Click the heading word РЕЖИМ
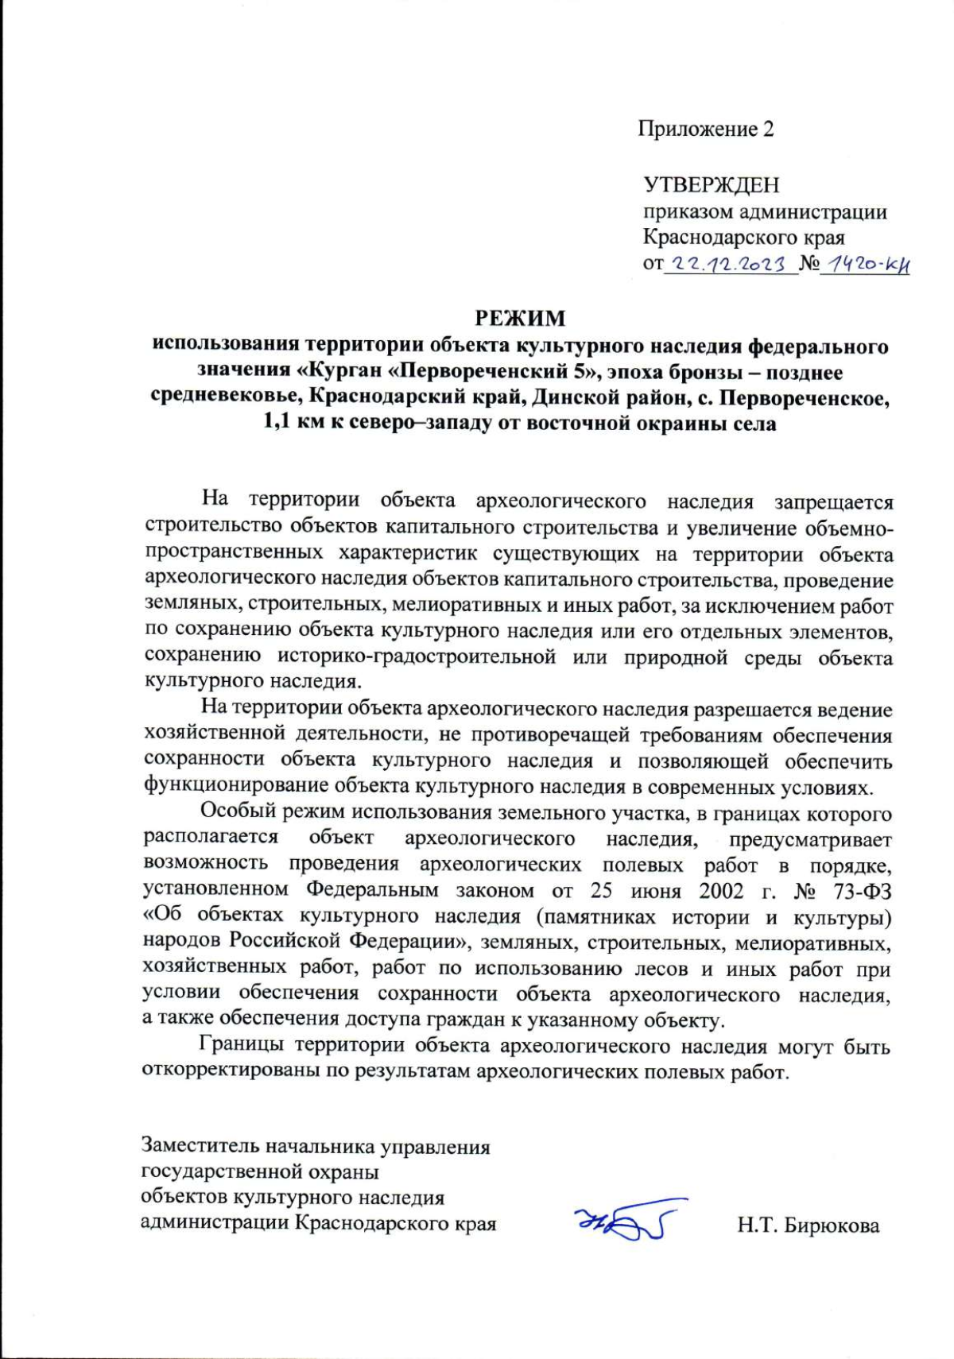point(520,319)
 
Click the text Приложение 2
point(705,129)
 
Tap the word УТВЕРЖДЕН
point(711,185)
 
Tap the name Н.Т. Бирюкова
point(808,1225)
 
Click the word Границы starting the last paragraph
point(239,1046)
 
